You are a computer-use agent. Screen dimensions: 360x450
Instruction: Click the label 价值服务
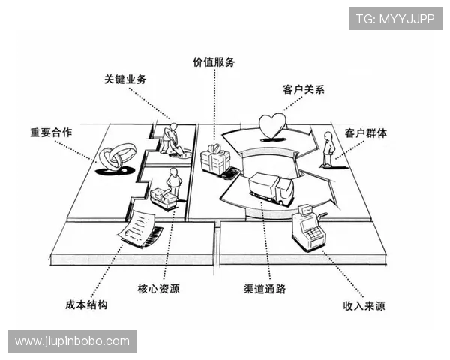click(214, 62)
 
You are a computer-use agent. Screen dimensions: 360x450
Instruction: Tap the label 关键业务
click(126, 79)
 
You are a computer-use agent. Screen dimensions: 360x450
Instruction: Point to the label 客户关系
click(303, 89)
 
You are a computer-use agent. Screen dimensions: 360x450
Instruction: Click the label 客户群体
click(366, 133)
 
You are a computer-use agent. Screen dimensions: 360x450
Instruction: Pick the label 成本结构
click(86, 304)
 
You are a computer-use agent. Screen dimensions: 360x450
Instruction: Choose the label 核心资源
click(158, 288)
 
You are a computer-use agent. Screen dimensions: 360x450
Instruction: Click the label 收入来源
click(364, 305)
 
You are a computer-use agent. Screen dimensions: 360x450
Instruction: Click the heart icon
click(272, 124)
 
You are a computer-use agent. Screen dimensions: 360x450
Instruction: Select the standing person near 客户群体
click(327, 148)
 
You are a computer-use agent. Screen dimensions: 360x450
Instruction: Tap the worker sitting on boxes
click(169, 191)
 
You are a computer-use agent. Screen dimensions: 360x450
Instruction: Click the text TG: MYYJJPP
click(394, 18)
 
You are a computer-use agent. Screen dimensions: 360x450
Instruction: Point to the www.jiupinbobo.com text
click(72, 341)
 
